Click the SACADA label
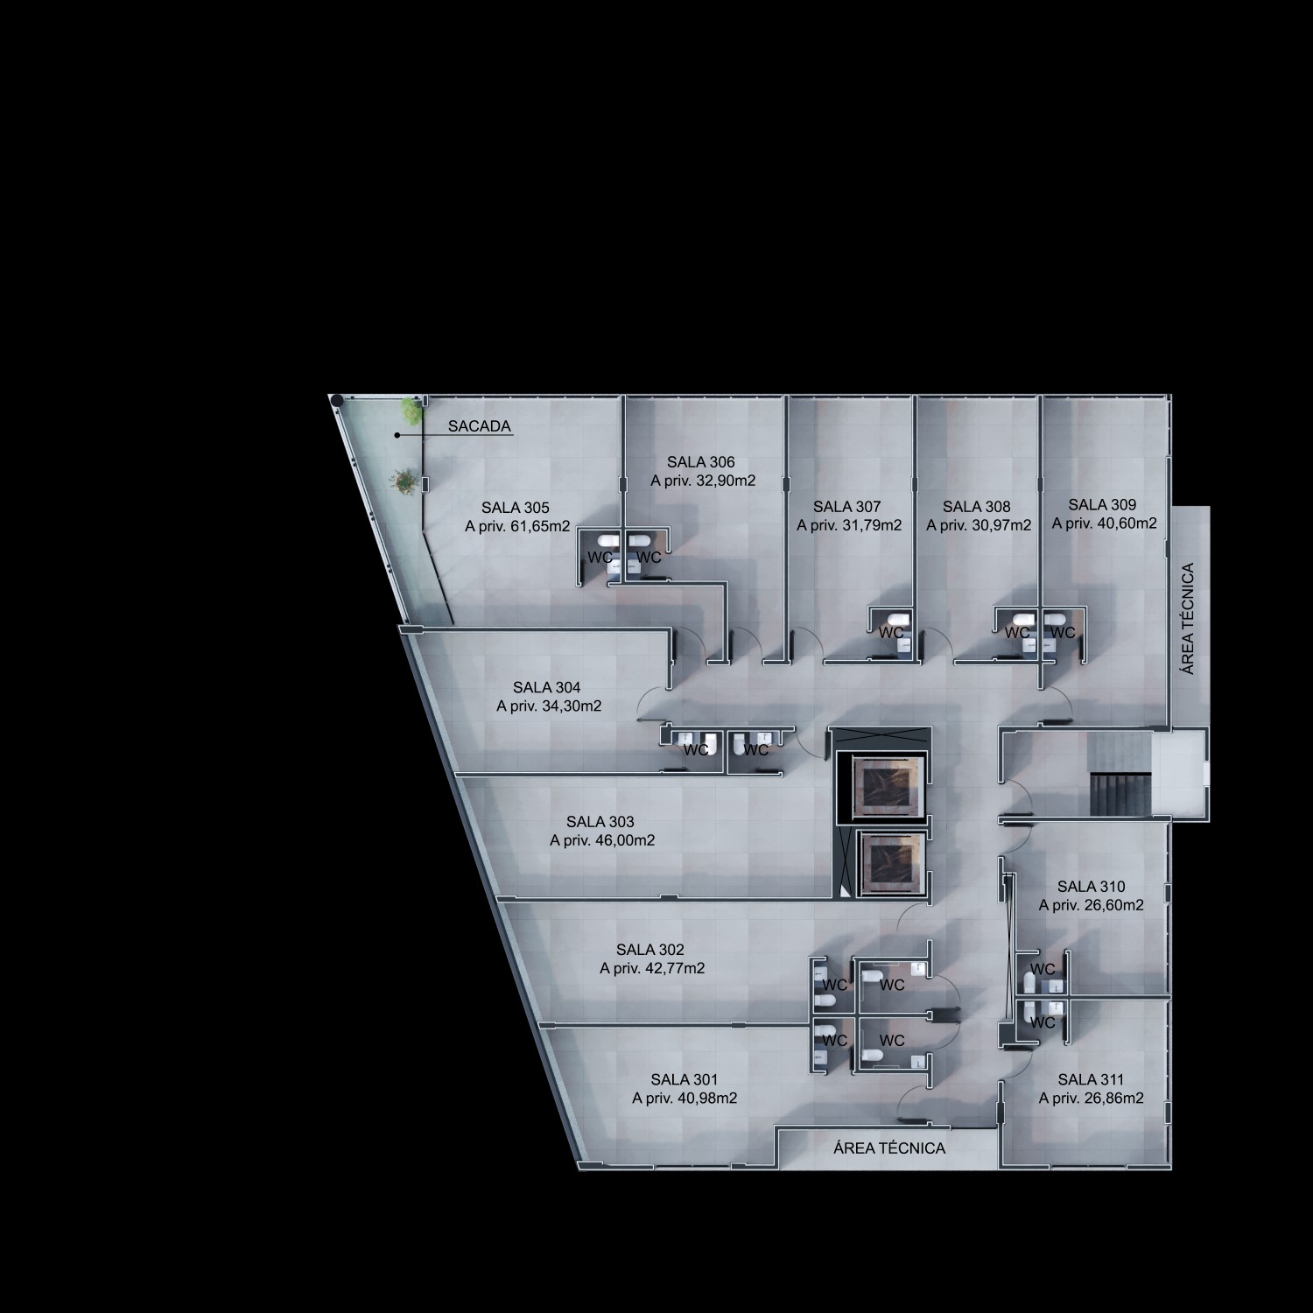479,426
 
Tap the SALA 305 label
516,508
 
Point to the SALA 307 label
846,507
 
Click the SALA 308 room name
976,507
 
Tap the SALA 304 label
547,688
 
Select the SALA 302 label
650,950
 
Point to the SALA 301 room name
685,1080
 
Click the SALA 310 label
1091,887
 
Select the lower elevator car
892,864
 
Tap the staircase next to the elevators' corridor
1119,772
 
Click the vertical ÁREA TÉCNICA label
1188,619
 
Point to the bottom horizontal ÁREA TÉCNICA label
889,1148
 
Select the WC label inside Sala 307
891,632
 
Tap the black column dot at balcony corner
336,400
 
